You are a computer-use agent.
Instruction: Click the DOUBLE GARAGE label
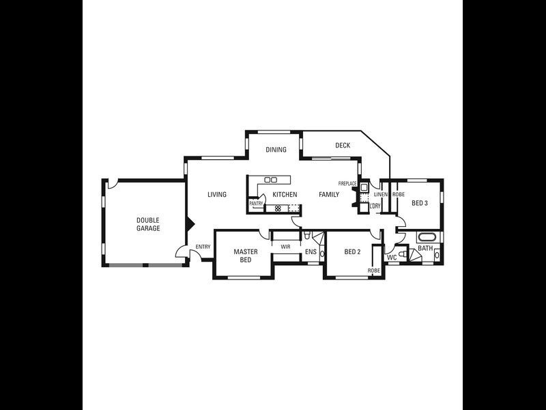pyautogui.click(x=148, y=224)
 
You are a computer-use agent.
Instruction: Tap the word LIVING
pyautogui.click(x=217, y=195)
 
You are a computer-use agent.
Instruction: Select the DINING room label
pyautogui.click(x=276, y=150)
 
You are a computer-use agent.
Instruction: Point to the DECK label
pyautogui.click(x=343, y=146)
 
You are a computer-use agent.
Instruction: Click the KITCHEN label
pyautogui.click(x=285, y=195)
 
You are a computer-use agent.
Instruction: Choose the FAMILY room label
pyautogui.click(x=329, y=195)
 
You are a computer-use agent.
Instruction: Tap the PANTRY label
pyautogui.click(x=256, y=204)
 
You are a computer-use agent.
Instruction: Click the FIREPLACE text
pyautogui.click(x=347, y=184)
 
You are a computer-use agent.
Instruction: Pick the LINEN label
pyautogui.click(x=380, y=195)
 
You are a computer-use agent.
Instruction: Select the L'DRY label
pyautogui.click(x=375, y=206)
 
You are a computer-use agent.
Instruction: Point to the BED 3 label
pyautogui.click(x=419, y=203)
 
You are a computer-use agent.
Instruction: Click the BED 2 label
pyautogui.click(x=352, y=252)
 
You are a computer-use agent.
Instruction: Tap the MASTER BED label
pyautogui.click(x=246, y=256)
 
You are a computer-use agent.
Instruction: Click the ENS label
pyautogui.click(x=311, y=252)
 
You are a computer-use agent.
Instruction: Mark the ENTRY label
pyautogui.click(x=203, y=247)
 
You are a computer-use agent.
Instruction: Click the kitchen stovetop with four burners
pyautogui.click(x=278, y=208)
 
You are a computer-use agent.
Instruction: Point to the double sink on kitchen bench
pyautogui.click(x=270, y=180)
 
